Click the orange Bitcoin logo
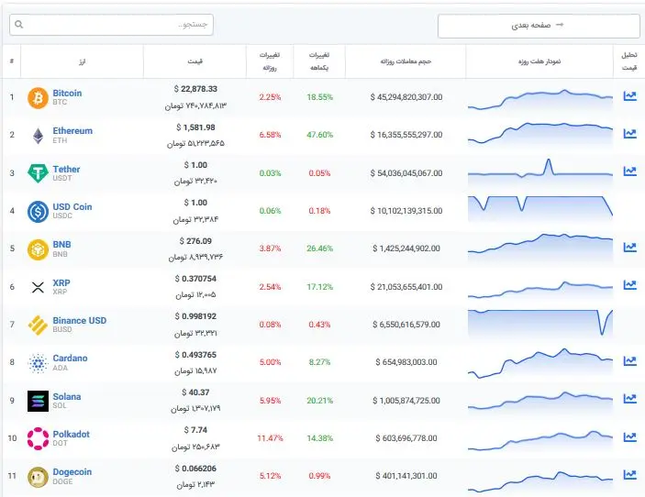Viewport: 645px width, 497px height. tap(38, 98)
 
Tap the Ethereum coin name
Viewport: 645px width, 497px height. tap(72, 131)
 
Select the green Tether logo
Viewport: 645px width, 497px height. tap(38, 173)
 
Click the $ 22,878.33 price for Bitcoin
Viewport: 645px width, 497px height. tap(195, 89)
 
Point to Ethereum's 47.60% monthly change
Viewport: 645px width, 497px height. tap(319, 135)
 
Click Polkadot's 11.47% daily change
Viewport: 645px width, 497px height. tap(270, 438)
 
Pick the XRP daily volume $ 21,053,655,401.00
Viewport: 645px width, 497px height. tap(406, 287)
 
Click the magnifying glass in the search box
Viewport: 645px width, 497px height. tap(19, 25)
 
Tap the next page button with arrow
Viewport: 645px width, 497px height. tap(539, 26)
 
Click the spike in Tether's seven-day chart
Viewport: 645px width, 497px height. tap(548, 160)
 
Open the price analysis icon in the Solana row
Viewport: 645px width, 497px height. tap(629, 398)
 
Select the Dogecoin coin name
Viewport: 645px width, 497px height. tap(72, 472)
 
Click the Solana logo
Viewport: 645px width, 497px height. tap(38, 401)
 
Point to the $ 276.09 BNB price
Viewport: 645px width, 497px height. tap(195, 241)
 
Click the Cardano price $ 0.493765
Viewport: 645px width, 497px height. tap(195, 355)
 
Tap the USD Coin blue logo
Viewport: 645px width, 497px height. tap(38, 212)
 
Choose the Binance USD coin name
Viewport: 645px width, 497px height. tap(80, 321)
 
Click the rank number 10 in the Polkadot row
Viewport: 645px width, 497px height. tap(12, 438)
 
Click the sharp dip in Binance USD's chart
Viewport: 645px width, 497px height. tap(603, 333)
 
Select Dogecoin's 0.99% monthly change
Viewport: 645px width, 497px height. tap(319, 476)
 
